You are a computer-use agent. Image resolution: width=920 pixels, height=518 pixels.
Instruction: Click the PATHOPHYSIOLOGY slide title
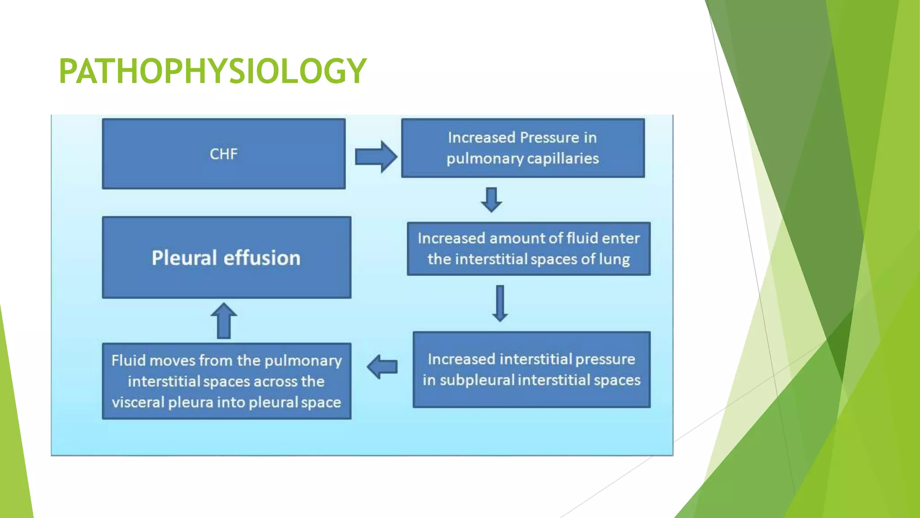coord(212,71)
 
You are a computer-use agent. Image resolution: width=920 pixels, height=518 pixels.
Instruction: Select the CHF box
coord(224,154)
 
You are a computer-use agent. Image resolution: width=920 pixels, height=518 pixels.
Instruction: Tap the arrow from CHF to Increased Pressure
coord(376,156)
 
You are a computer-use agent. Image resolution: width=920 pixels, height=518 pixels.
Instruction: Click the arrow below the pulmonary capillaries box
coord(491,200)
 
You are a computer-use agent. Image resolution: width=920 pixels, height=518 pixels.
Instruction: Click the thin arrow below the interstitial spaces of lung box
coord(500,303)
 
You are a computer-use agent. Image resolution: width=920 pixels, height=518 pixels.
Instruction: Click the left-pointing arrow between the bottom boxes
coord(382,366)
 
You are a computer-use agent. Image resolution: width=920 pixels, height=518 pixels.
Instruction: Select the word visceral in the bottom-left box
coord(138,402)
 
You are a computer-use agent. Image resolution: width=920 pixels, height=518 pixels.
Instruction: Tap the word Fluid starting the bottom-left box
coord(128,361)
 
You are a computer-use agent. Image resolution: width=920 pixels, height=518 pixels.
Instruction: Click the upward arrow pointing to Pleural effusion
coord(224,320)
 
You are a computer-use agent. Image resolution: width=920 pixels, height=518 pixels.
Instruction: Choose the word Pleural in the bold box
coord(184,258)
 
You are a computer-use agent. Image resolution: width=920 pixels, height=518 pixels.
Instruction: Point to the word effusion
coord(262,258)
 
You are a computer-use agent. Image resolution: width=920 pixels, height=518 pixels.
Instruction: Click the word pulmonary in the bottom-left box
coord(303,361)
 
